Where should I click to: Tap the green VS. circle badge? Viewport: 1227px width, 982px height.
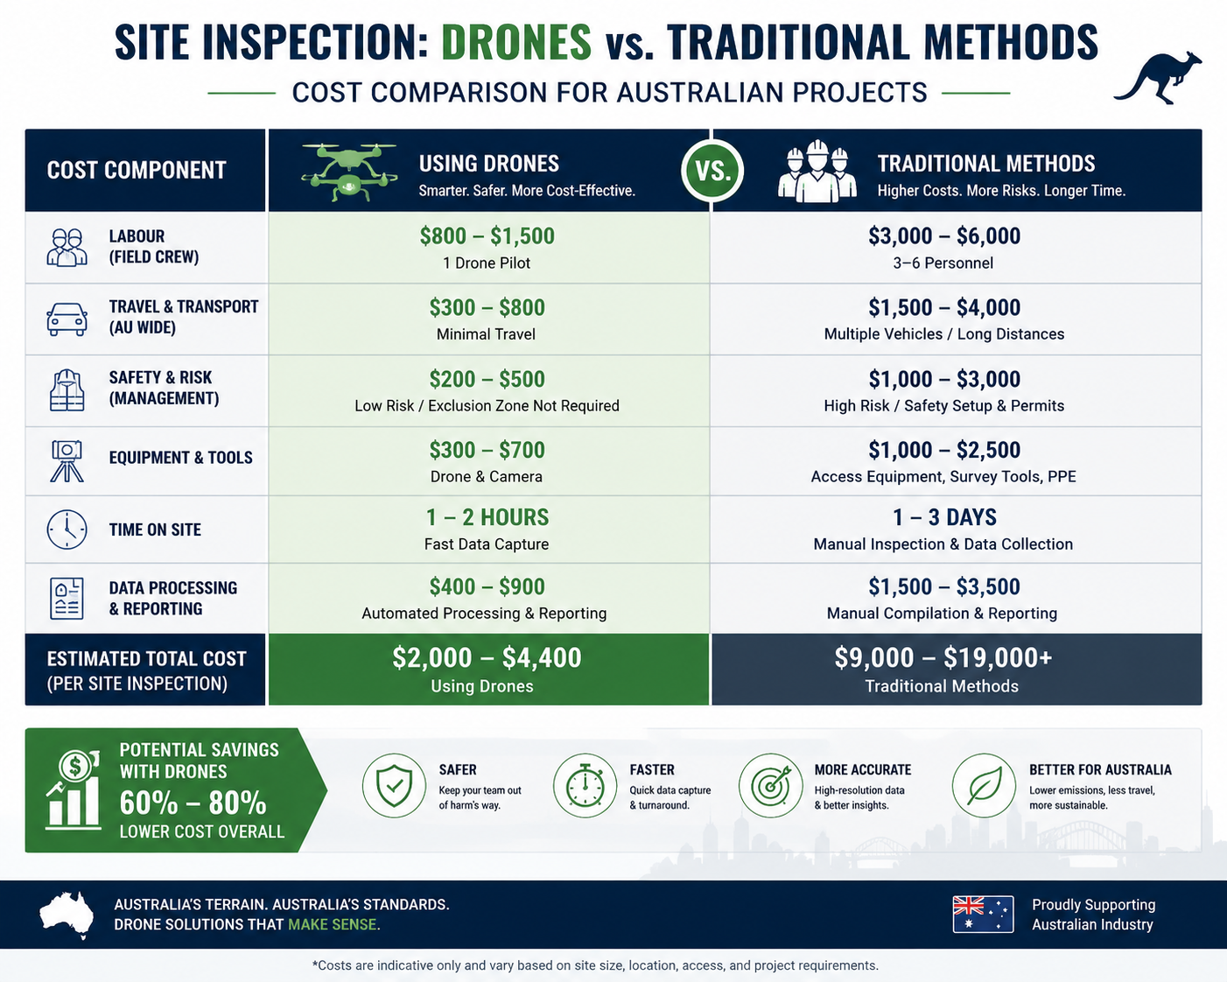click(x=712, y=171)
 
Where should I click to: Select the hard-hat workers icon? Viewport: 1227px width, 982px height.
click(x=817, y=171)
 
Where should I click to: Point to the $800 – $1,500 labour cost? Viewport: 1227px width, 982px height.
click(x=487, y=236)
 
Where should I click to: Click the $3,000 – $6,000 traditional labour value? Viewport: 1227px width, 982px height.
click(x=944, y=236)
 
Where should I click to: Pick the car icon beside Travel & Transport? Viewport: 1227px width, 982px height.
click(x=67, y=319)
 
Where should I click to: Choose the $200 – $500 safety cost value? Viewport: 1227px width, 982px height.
click(x=487, y=379)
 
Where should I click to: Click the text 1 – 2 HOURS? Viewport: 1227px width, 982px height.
click(x=487, y=517)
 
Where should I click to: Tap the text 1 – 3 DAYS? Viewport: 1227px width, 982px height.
click(x=944, y=517)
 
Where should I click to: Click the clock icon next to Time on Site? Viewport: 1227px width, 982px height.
click(x=67, y=530)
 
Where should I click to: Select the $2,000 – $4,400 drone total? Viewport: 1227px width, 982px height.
click(x=487, y=657)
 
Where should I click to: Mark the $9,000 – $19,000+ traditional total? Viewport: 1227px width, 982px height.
click(x=943, y=657)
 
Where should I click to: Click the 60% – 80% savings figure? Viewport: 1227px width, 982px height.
click(x=193, y=803)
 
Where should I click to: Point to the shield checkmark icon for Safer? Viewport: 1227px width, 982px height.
click(x=394, y=786)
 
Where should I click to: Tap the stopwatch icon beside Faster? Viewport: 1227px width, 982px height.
click(x=585, y=786)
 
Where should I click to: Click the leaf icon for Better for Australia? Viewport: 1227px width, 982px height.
click(x=984, y=786)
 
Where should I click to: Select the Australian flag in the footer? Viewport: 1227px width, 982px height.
click(x=983, y=914)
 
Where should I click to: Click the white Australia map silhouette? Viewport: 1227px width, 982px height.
click(x=67, y=915)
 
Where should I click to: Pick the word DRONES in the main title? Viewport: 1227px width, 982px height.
click(x=516, y=42)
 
